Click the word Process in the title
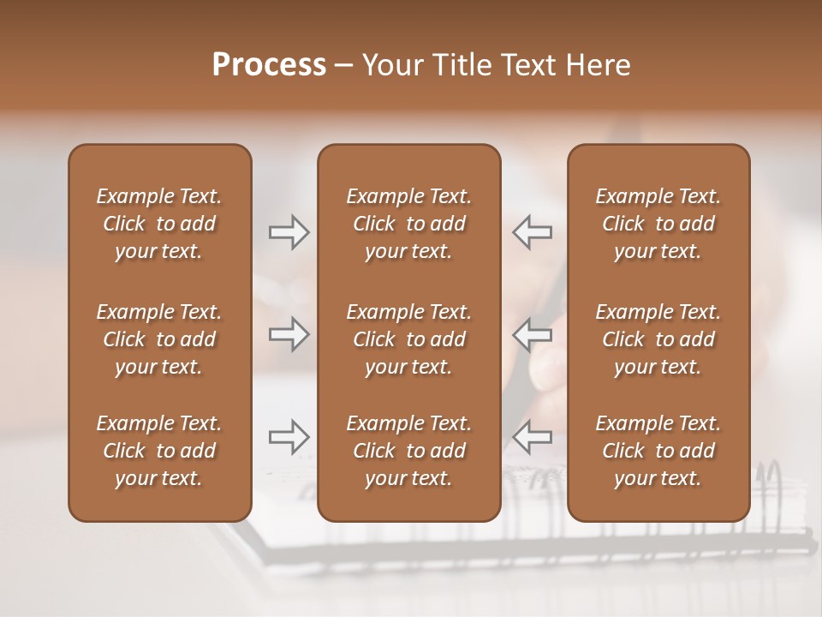click(269, 65)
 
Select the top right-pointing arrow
click(289, 232)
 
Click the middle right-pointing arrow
click(289, 334)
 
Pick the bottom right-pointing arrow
click(289, 437)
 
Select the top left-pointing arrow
click(532, 232)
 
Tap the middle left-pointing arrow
click(532, 334)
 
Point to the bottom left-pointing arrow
click(532, 437)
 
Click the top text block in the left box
click(159, 224)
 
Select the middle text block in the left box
click(159, 339)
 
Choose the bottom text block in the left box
click(159, 451)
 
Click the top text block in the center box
click(408, 224)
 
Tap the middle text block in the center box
click(408, 339)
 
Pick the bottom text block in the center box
click(408, 451)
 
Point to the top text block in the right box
click(658, 224)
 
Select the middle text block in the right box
click(658, 339)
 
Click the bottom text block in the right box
click(658, 451)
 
